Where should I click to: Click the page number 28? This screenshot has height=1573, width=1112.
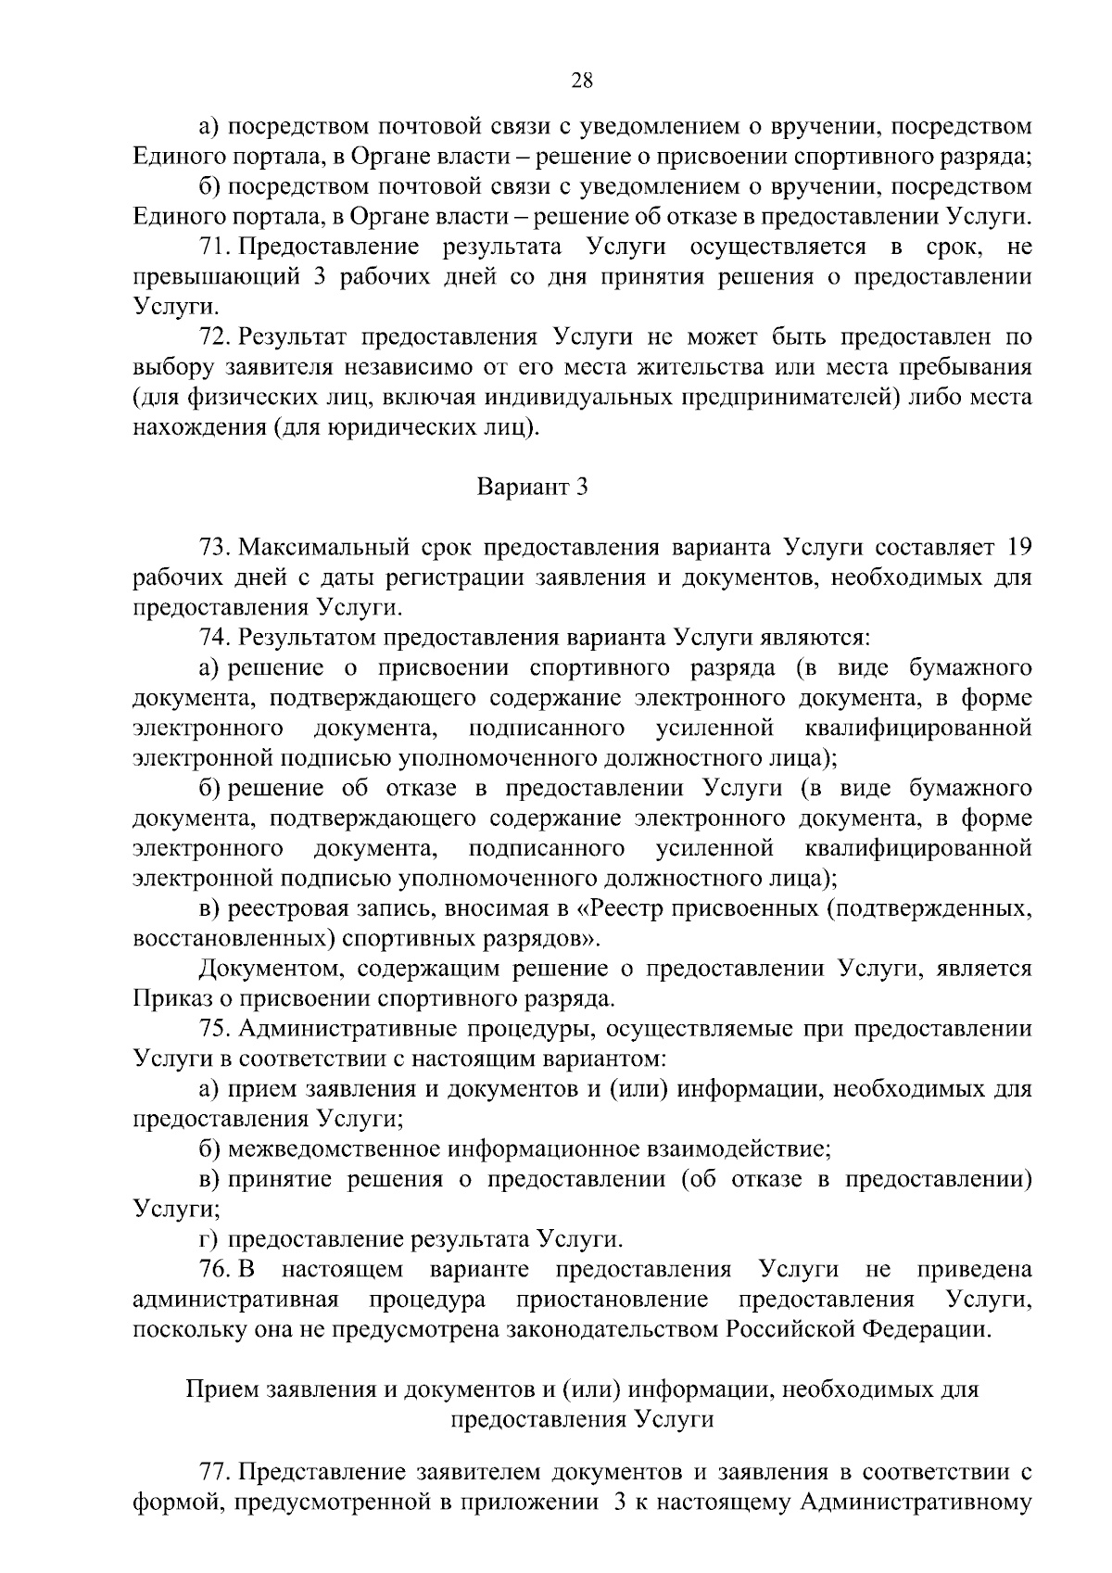point(582,81)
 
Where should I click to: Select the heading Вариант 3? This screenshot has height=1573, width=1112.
point(532,487)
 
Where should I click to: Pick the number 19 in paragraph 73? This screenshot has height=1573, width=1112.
point(1018,547)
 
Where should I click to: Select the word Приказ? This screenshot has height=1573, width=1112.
point(167,999)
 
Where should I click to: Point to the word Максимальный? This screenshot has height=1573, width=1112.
point(321,547)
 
